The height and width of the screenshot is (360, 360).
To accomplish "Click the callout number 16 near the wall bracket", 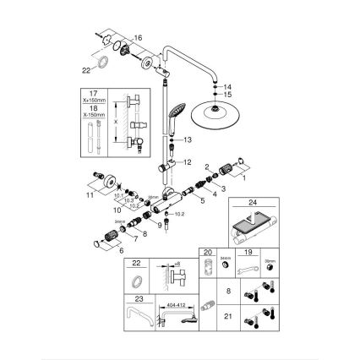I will point(139,37).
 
